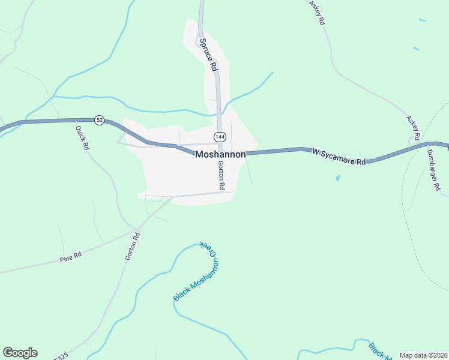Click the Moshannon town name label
(220, 155)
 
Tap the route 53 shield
(99, 121)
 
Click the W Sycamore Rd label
(339, 157)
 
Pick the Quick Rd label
(82, 137)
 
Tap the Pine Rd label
(70, 259)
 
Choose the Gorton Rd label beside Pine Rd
(132, 246)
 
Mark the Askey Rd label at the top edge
(316, 12)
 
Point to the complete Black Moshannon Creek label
(197, 271)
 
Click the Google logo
(20, 353)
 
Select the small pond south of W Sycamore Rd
(338, 178)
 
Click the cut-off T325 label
(59, 356)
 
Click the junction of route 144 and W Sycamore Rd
(221, 154)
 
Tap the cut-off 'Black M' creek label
(378, 352)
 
